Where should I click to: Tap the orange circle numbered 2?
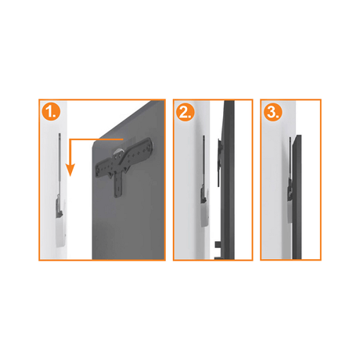185,113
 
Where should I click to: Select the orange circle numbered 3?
273,113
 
